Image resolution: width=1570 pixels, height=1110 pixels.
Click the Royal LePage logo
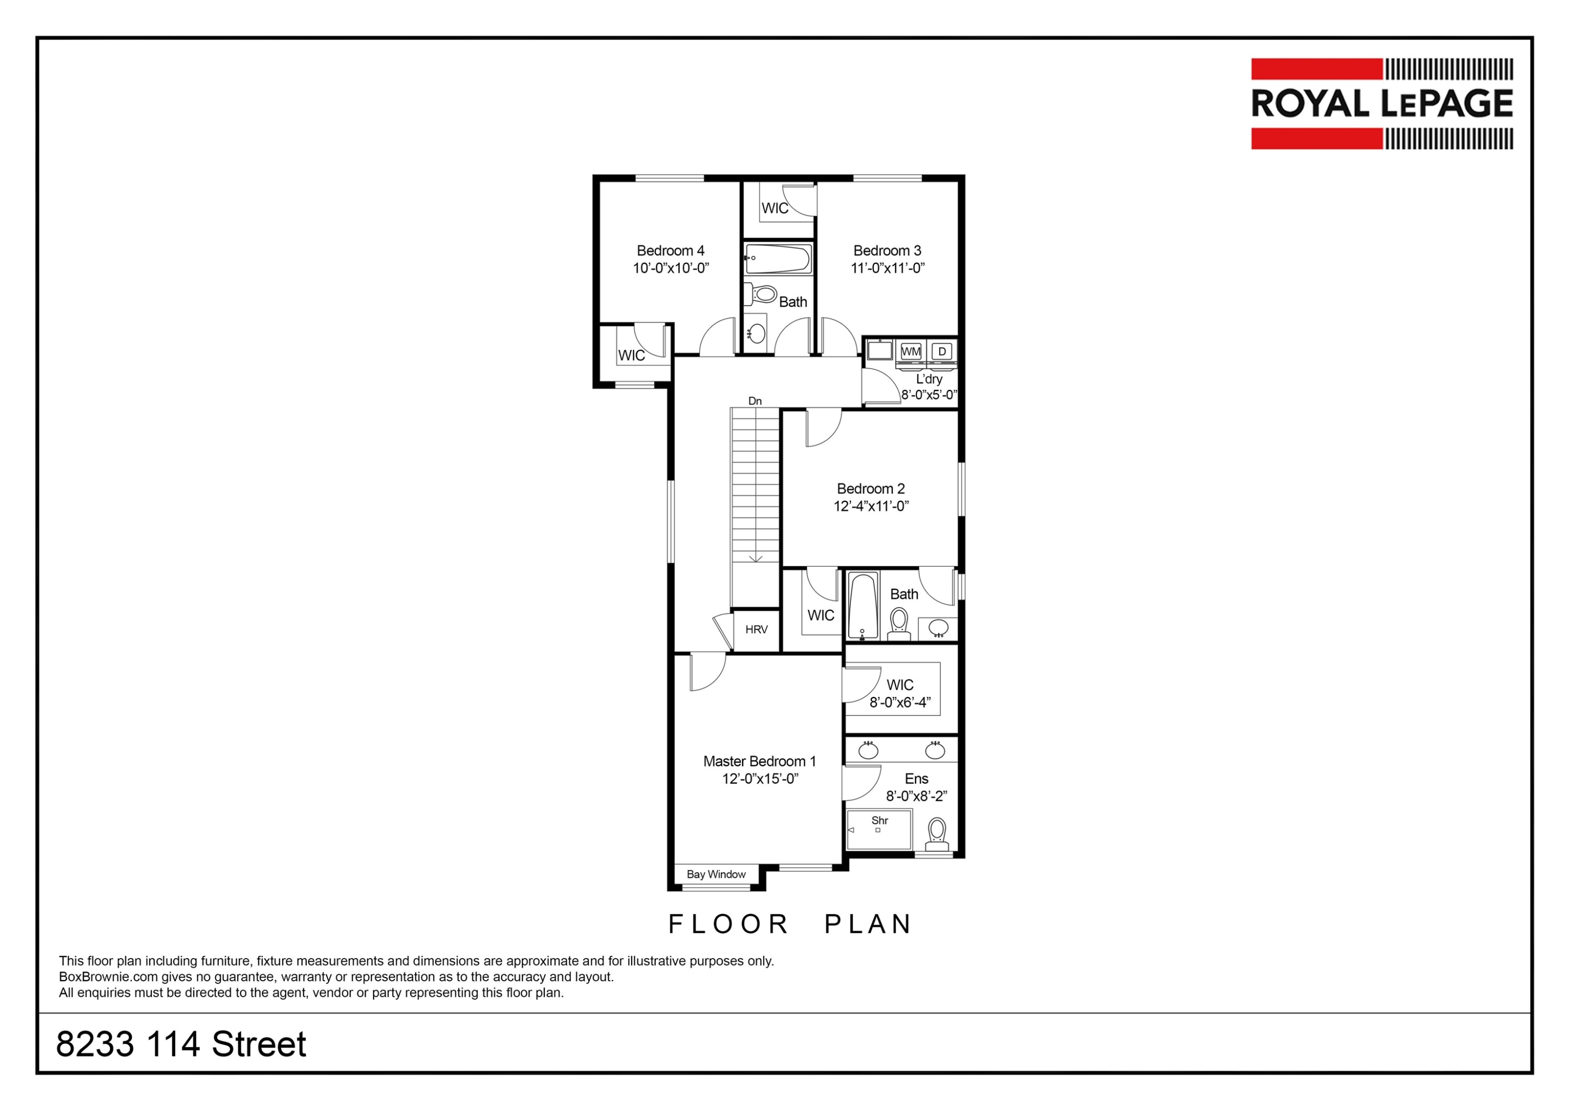1382,104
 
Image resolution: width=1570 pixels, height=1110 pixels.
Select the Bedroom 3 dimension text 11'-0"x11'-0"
888,268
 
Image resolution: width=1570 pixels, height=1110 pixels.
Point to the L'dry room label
929,379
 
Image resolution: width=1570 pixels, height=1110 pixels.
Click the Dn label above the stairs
755,401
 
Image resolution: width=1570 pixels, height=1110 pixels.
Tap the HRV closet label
756,629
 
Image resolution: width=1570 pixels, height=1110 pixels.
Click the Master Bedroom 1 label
760,761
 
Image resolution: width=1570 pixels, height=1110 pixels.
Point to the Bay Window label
716,874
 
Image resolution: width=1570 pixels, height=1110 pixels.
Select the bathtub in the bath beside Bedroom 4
778,259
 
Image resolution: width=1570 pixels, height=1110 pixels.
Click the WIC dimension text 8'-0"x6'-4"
900,702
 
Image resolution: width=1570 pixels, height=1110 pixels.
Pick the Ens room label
916,779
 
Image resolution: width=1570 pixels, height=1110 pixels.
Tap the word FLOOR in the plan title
728,924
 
